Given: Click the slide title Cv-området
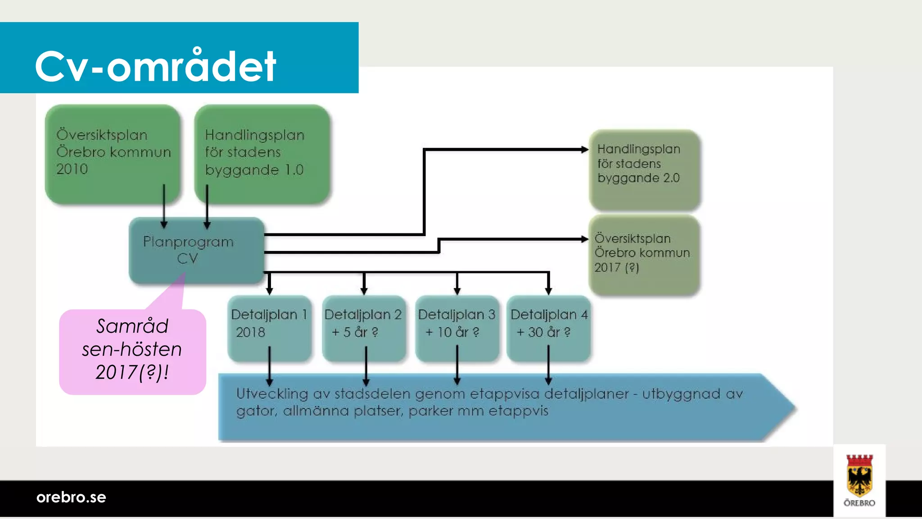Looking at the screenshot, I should pyautogui.click(x=155, y=66).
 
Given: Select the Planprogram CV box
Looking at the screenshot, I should pyautogui.click(x=196, y=250).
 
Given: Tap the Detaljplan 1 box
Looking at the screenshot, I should pyautogui.click(x=269, y=328).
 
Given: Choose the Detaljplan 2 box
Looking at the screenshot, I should pyautogui.click(x=364, y=328).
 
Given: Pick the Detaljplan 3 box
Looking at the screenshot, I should pyautogui.click(x=457, y=328).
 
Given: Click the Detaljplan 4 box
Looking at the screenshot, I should pyautogui.click(x=548, y=328).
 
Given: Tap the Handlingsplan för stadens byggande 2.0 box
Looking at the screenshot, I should pyautogui.click(x=644, y=169).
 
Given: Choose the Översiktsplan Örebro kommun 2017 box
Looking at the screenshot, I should pyautogui.click(x=644, y=255).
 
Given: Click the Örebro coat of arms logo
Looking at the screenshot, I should pyautogui.click(x=859, y=479).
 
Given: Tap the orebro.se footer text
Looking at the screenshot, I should pyautogui.click(x=71, y=497).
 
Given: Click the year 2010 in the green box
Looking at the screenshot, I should pyautogui.click(x=72, y=169).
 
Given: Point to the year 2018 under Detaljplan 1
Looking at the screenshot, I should pyautogui.click(x=250, y=332).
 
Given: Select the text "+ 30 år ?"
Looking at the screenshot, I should pyautogui.click(x=543, y=332).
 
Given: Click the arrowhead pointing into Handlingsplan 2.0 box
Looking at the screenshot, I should pyautogui.click(x=584, y=150).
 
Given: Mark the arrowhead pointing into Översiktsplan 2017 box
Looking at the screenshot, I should pyautogui.click(x=584, y=239).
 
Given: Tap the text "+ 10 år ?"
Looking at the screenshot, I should pyautogui.click(x=452, y=332).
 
